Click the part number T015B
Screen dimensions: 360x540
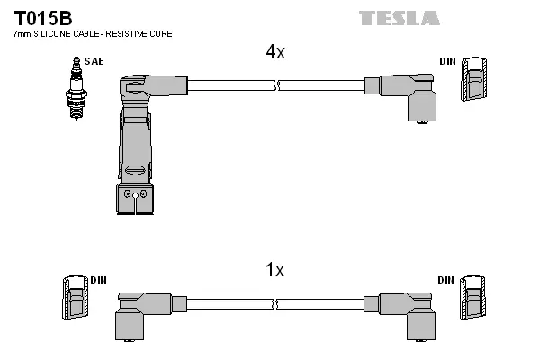click(x=42, y=18)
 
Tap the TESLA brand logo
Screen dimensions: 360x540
click(x=399, y=18)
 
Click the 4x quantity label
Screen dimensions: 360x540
click(x=274, y=53)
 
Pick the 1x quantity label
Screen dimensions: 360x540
click(x=274, y=269)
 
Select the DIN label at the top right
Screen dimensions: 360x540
click(x=446, y=61)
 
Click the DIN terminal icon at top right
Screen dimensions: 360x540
click(x=475, y=81)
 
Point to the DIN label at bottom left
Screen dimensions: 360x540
click(x=98, y=280)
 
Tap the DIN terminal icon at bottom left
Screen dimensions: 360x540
click(x=76, y=297)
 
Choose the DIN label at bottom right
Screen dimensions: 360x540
click(x=445, y=280)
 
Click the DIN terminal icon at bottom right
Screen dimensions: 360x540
click(x=475, y=299)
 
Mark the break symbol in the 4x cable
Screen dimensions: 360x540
click(x=277, y=85)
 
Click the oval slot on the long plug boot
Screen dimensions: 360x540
click(x=135, y=170)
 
